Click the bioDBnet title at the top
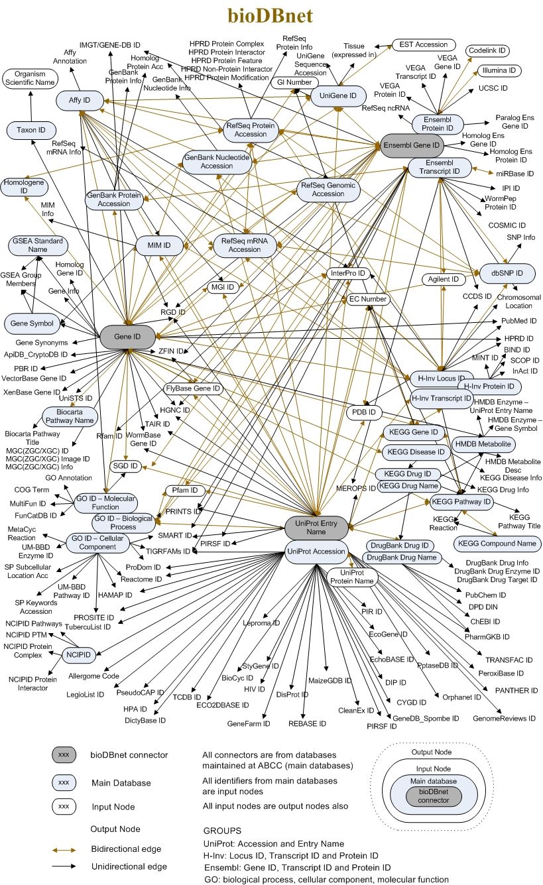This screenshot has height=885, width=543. (272, 15)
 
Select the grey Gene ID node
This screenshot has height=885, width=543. (127, 336)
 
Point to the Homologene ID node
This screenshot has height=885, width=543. (25, 187)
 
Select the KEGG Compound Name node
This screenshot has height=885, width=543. (497, 544)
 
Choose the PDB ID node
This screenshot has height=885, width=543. (363, 413)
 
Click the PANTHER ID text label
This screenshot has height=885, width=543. (516, 691)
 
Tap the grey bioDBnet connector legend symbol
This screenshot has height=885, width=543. (64, 755)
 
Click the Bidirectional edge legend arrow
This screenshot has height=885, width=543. (64, 849)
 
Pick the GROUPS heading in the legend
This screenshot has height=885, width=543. (223, 829)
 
